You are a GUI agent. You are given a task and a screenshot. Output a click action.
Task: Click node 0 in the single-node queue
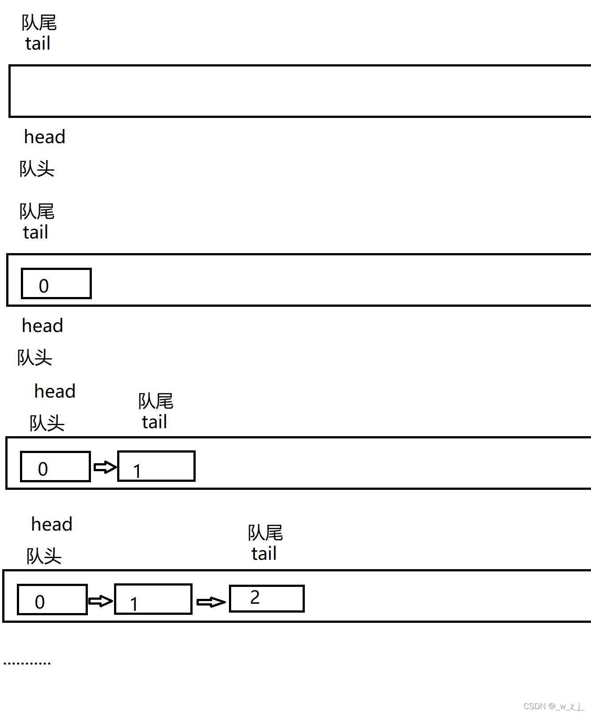click(56, 284)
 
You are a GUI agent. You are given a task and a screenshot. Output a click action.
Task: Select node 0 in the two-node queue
click(55, 467)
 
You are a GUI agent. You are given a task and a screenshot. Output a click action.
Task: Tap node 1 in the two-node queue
click(156, 466)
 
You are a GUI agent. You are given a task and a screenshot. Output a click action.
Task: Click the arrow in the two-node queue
click(105, 467)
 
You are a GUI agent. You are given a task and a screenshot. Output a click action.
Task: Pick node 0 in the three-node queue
click(52, 600)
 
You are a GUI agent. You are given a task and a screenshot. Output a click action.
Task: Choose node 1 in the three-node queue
click(153, 599)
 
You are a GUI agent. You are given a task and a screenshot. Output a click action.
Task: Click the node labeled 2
click(267, 598)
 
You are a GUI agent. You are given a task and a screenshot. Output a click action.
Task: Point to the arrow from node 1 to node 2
click(211, 602)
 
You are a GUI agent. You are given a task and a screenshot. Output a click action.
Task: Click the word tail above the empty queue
click(38, 43)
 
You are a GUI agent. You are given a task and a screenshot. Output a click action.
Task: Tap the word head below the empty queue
click(44, 137)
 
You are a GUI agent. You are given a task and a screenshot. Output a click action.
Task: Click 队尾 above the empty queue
click(39, 23)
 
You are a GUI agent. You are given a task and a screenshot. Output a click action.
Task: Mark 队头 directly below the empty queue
click(37, 169)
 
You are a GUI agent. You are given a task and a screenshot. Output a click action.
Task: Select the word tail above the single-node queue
click(35, 232)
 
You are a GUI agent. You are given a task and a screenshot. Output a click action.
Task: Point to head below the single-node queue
click(43, 326)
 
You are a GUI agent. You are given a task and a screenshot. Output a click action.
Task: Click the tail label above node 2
click(264, 554)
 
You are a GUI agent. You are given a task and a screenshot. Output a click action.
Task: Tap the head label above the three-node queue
click(51, 524)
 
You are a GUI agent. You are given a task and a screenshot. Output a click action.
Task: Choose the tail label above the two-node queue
click(154, 422)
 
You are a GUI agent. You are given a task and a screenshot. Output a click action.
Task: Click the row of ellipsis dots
click(27, 663)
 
